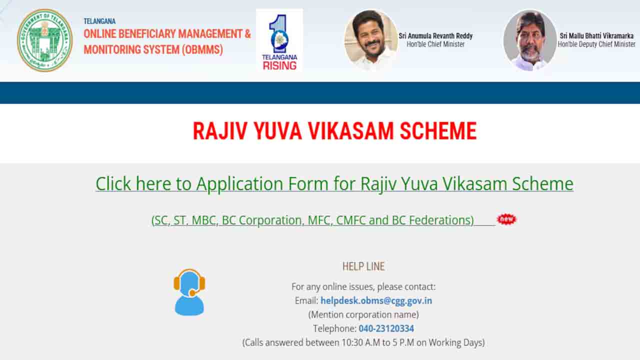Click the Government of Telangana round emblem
coord(44,40)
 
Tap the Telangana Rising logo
coord(279,40)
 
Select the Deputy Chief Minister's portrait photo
coord(529,40)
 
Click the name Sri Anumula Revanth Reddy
coord(435,36)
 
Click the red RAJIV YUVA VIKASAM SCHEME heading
coord(334,131)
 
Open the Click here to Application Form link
coord(334,183)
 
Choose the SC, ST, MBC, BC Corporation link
coord(312,220)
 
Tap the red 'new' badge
coord(506,219)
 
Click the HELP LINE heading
coord(363,266)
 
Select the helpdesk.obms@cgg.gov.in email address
coord(376,300)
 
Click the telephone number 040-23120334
coord(386,328)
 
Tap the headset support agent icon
coord(189,292)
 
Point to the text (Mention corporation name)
coord(363,314)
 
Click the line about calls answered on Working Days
coord(363,342)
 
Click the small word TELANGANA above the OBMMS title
coord(99,21)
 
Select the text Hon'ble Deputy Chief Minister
coord(596,44)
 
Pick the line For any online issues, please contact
coord(363,286)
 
